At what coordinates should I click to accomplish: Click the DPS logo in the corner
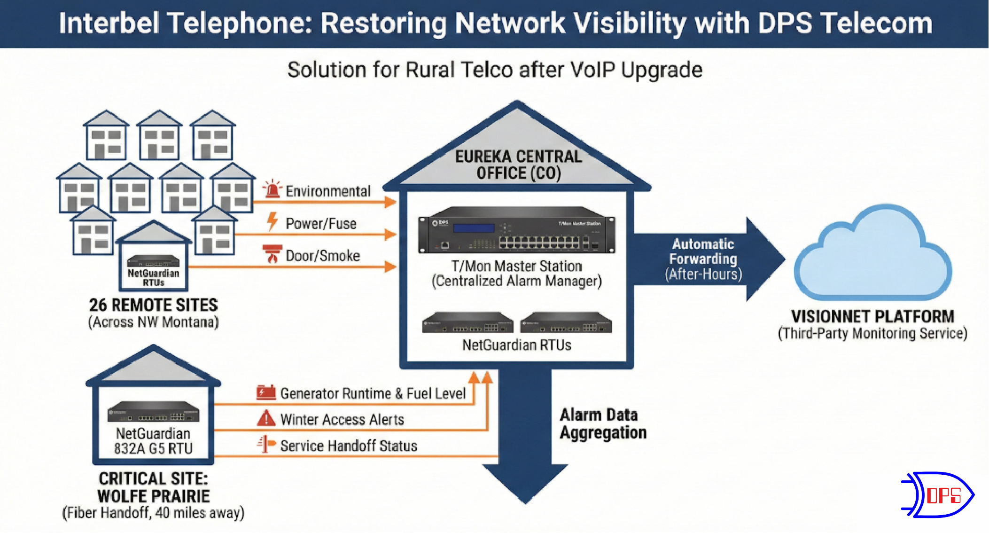pyautogui.click(x=938, y=495)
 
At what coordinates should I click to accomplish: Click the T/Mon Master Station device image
pyautogui.click(x=516, y=230)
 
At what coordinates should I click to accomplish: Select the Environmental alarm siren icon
pyautogui.click(x=272, y=189)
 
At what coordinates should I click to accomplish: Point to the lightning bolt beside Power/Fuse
pyautogui.click(x=272, y=221)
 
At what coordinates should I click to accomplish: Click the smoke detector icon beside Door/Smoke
pyautogui.click(x=272, y=254)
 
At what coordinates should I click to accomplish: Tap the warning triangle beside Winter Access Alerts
pyautogui.click(x=266, y=418)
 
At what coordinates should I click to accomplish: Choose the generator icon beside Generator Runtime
pyautogui.click(x=266, y=392)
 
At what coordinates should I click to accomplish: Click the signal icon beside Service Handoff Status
pyautogui.click(x=266, y=444)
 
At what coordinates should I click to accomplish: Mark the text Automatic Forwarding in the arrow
pyautogui.click(x=703, y=251)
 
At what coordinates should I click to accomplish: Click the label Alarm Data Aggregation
pyautogui.click(x=603, y=423)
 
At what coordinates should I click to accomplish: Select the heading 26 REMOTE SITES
pyautogui.click(x=154, y=305)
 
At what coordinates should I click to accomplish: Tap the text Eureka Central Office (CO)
pyautogui.click(x=518, y=165)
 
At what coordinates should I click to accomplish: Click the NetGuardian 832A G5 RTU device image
pyautogui.click(x=153, y=412)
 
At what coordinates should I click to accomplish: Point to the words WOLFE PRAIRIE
pyautogui.click(x=154, y=496)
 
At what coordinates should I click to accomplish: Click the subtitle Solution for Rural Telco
pyautogui.click(x=494, y=70)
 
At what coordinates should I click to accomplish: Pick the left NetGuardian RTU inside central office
pyautogui.click(x=467, y=323)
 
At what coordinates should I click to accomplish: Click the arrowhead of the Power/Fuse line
pyautogui.click(x=390, y=234)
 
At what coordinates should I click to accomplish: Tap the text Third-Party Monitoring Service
pyautogui.click(x=872, y=333)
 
